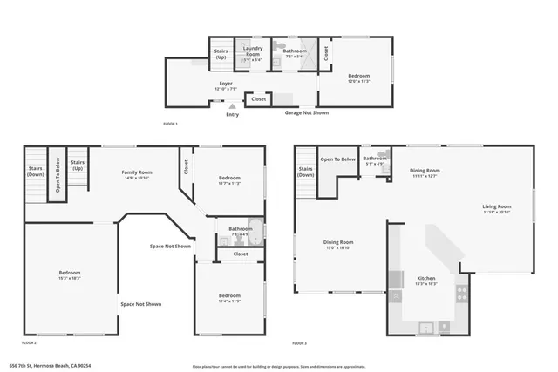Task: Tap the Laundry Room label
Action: tap(253, 53)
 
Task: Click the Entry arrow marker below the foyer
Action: tap(232, 106)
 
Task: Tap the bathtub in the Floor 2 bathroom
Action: tap(254, 227)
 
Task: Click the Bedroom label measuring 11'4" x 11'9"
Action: tap(229, 296)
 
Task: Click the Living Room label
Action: tap(497, 208)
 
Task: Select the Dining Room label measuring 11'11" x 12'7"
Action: tap(425, 172)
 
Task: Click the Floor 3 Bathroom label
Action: tap(375, 159)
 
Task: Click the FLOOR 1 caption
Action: tap(171, 124)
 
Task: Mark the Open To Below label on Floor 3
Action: tap(337, 159)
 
